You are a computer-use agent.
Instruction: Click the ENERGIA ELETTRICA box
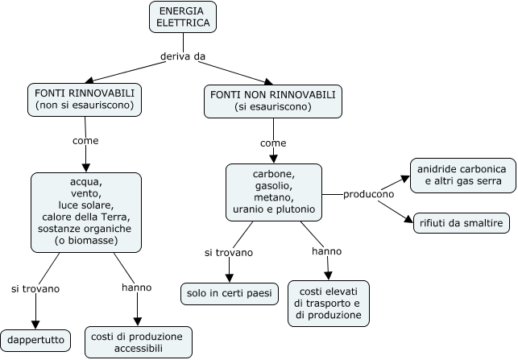coord(183,17)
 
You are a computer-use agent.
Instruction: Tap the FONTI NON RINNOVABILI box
coord(271,101)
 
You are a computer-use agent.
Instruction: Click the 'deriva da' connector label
coord(184,56)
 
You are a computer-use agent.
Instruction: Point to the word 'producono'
coord(368,194)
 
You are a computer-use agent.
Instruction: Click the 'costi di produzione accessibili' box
coord(139,341)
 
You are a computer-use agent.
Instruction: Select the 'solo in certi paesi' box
coord(230,293)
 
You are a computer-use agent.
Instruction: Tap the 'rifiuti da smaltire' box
coord(458,221)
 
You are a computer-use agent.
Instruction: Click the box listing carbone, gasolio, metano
coord(273,192)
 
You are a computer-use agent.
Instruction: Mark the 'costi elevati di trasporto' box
coord(328,303)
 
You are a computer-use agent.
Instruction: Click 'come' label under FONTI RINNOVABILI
coord(85,140)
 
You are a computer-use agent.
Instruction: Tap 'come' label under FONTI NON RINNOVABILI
coord(273,143)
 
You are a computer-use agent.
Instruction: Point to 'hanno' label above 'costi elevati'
coord(326,251)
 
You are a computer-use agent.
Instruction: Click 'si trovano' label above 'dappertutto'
coord(35,288)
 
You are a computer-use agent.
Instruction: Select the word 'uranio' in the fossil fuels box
coord(248,209)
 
